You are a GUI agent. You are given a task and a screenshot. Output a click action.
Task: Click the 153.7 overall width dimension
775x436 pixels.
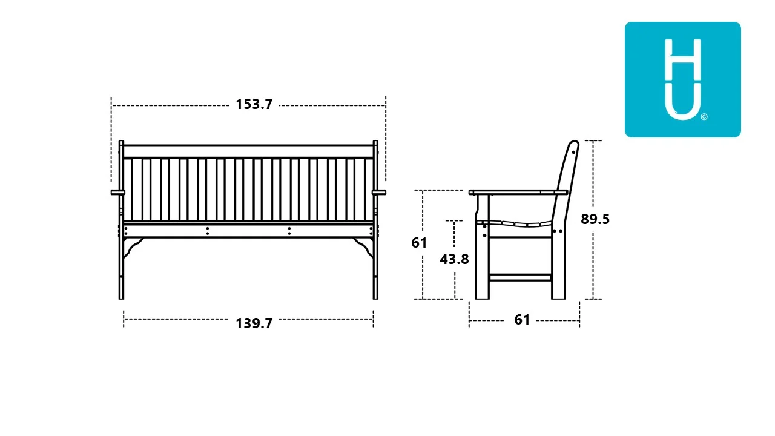tap(254, 104)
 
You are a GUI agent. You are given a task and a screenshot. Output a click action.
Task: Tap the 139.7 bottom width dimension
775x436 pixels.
tap(254, 323)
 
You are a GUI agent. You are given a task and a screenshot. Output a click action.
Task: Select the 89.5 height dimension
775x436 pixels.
tap(595, 219)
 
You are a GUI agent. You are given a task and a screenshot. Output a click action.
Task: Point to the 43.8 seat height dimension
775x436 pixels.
tap(454, 259)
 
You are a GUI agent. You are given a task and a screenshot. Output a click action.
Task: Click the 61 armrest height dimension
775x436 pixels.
tap(419, 243)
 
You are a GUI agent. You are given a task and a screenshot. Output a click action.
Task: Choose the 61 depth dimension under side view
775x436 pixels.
tap(522, 320)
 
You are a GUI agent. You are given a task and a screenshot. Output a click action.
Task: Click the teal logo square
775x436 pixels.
tap(682, 79)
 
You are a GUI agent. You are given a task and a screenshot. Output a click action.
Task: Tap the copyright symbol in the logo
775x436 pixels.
tap(704, 117)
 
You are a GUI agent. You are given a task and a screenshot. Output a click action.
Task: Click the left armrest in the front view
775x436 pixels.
tap(118, 193)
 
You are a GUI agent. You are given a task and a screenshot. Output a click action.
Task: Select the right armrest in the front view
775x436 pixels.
tap(379, 193)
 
